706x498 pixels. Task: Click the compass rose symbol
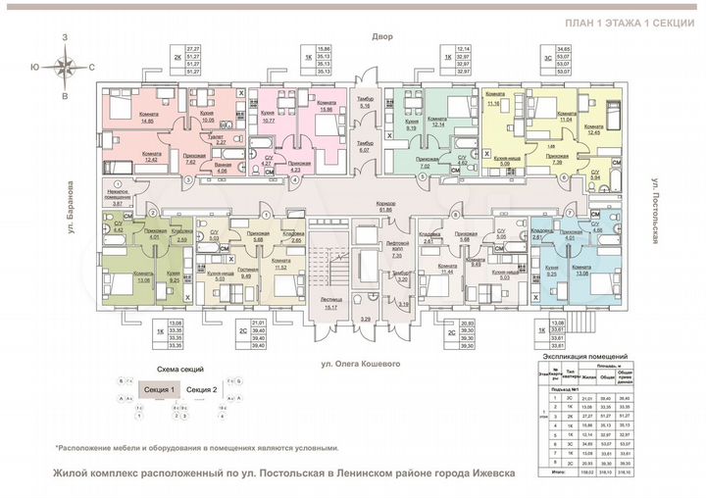coord(65,68)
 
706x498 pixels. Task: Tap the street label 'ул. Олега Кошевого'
coord(354,364)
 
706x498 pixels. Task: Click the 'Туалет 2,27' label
coord(223,140)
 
